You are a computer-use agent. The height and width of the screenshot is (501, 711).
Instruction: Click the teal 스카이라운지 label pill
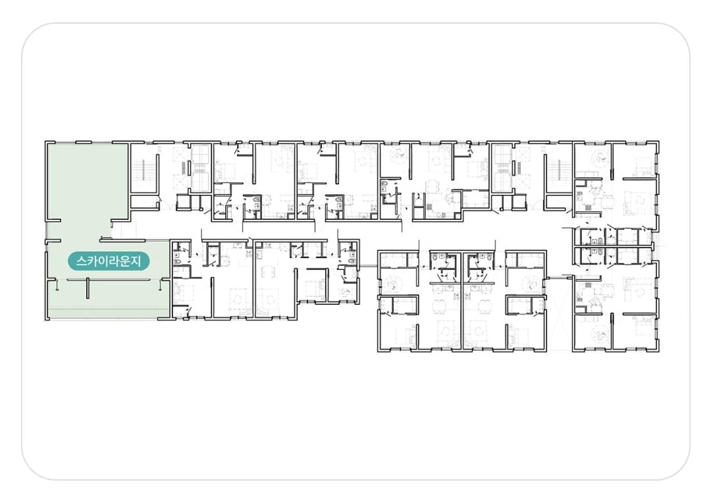109,261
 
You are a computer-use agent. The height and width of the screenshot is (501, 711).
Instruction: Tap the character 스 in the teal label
82,261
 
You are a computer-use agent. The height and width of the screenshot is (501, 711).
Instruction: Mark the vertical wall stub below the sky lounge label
88,289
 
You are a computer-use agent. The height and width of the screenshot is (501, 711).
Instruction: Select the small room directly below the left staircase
145,201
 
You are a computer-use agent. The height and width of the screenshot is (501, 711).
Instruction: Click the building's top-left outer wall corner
46,142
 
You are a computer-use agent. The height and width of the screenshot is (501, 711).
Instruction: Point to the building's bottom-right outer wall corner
658,350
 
